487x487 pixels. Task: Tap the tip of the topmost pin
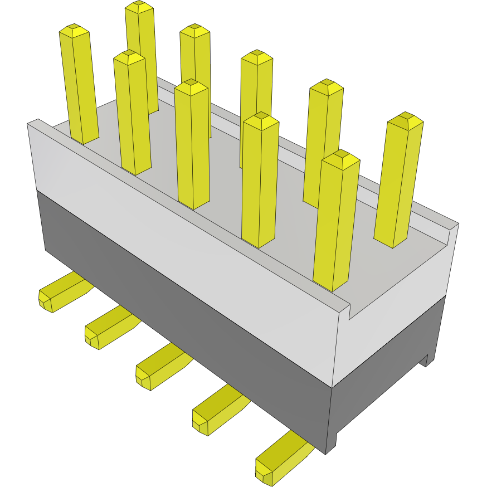139,6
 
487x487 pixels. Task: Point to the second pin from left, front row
132,111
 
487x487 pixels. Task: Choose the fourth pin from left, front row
260,178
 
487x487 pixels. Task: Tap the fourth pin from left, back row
323,139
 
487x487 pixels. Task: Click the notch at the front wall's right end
349,312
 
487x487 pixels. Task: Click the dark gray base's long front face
184,312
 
